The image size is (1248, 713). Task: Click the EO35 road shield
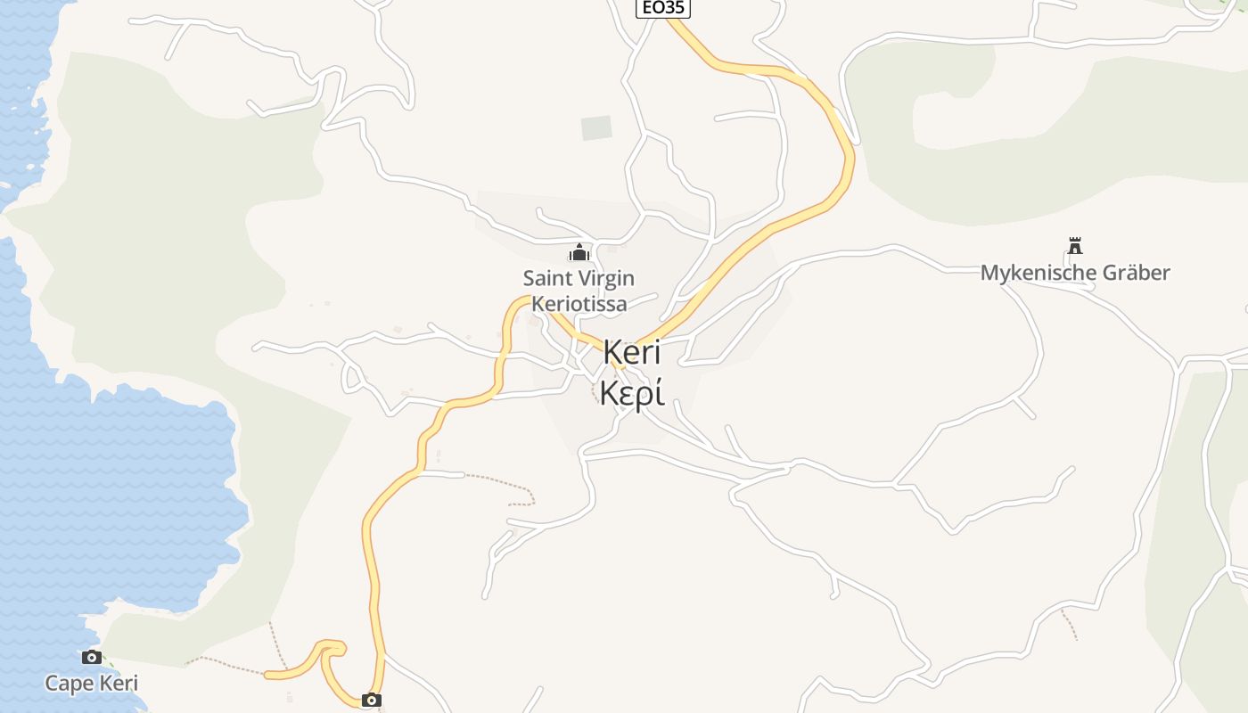(663, 8)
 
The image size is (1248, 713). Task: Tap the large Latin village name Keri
(632, 352)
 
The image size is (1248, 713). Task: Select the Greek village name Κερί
(632, 393)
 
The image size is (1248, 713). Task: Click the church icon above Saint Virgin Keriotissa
(579, 252)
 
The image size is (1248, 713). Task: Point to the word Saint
(546, 278)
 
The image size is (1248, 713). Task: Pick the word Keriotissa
(579, 304)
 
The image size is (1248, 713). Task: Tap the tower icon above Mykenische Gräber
(1075, 246)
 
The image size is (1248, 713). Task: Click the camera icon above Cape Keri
(91, 658)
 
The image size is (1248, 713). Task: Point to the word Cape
(69, 684)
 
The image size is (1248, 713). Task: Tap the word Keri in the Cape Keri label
(118, 684)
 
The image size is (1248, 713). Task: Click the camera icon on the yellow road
(372, 701)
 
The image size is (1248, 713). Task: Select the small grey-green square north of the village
(596, 128)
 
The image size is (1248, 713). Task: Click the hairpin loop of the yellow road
(332, 649)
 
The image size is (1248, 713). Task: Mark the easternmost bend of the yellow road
(849, 160)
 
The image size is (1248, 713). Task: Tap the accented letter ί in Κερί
(658, 393)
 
